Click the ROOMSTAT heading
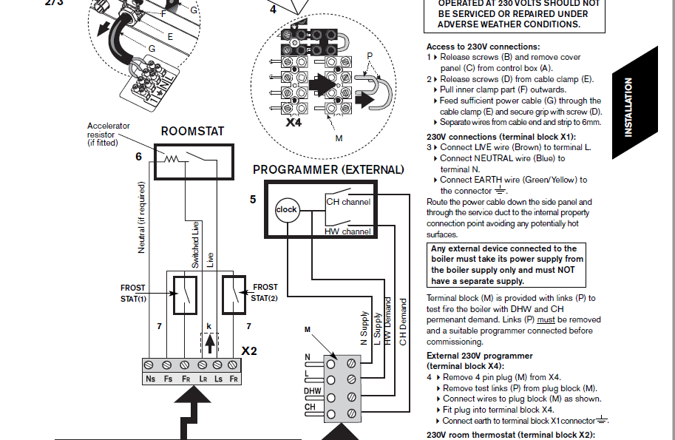(192, 132)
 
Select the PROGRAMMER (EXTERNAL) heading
(328, 169)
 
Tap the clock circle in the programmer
(286, 209)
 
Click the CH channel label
(348, 202)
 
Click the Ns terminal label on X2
(149, 379)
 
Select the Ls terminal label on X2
(218, 379)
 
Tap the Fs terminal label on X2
(167, 379)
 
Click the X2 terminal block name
(250, 351)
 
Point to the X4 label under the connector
(294, 123)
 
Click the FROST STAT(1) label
(134, 293)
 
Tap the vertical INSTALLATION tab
(628, 107)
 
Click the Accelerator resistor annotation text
(109, 134)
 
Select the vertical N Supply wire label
(364, 328)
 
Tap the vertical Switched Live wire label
(195, 244)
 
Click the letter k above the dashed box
(209, 326)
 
